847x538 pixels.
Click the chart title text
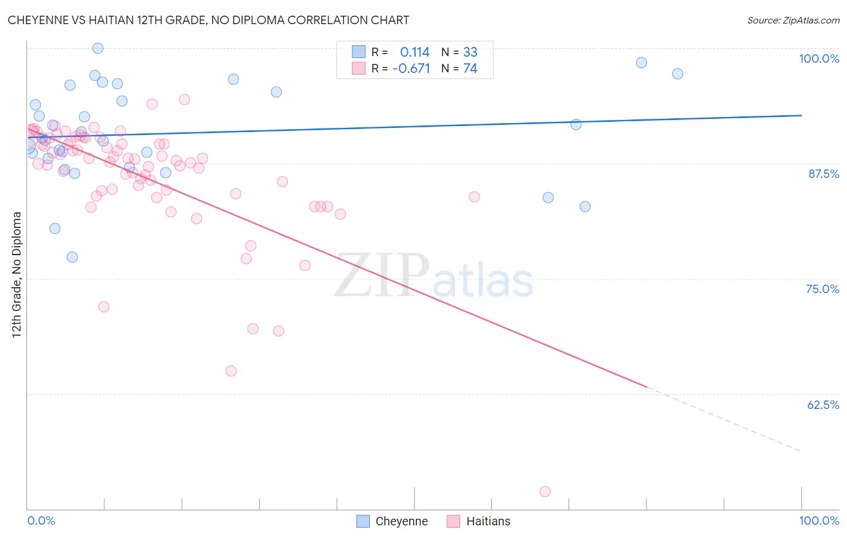(208, 20)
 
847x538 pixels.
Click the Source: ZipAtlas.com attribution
(793, 21)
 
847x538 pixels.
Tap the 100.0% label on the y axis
(819, 59)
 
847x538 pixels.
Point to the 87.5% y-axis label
(823, 174)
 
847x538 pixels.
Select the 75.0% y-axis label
(822, 289)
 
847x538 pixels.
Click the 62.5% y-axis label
(823, 405)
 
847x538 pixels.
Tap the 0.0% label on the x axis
(41, 521)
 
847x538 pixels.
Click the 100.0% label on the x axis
(819, 521)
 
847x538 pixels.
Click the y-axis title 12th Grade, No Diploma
(17, 274)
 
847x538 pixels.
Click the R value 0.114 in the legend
(414, 52)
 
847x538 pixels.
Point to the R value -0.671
(411, 69)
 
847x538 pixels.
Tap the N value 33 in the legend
(470, 52)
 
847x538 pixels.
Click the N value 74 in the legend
(470, 69)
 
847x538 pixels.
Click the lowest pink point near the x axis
(545, 492)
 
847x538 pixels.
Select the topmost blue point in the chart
(98, 48)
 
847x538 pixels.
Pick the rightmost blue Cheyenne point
(678, 74)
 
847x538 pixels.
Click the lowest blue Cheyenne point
(72, 257)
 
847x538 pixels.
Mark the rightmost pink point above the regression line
(474, 197)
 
